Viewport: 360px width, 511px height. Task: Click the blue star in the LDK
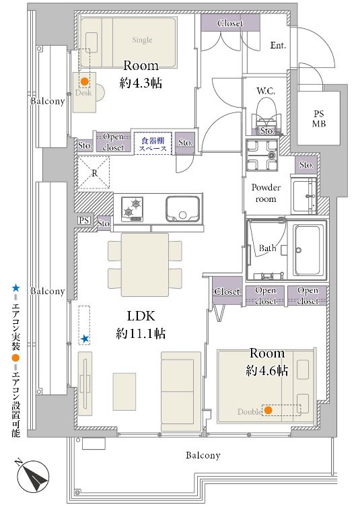pyautogui.click(x=85, y=339)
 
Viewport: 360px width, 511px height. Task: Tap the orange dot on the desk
pyautogui.click(x=85, y=81)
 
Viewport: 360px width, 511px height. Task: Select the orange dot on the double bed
pyautogui.click(x=268, y=410)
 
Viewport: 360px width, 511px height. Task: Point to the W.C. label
pyautogui.click(x=266, y=91)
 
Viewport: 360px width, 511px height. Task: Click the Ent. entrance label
pyautogui.click(x=278, y=45)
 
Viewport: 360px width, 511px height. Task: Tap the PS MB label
pyautogui.click(x=319, y=118)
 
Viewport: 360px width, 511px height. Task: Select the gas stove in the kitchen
pyautogui.click(x=132, y=209)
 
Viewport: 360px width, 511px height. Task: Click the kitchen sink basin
pyautogui.click(x=182, y=209)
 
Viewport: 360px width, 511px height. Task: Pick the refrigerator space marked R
pyautogui.click(x=94, y=173)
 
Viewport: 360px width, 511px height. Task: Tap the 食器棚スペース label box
pyautogui.click(x=153, y=143)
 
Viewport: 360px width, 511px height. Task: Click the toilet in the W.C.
pyautogui.click(x=266, y=114)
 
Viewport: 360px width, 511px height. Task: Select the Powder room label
pyautogui.click(x=266, y=193)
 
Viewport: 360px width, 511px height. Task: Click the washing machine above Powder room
pyautogui.click(x=262, y=155)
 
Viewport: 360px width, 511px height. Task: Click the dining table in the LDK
pyautogui.click(x=145, y=265)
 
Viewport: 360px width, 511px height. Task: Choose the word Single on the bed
pyautogui.click(x=143, y=40)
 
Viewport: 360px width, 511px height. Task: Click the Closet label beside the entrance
pyautogui.click(x=230, y=23)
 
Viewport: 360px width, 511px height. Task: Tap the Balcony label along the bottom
pyautogui.click(x=203, y=455)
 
